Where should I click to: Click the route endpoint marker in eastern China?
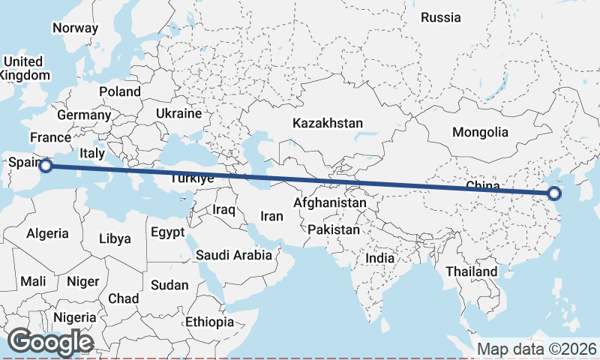coord(554,193)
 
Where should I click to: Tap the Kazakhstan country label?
coord(328,123)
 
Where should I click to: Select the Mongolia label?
coord(480,132)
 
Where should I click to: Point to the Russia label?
coord(440,17)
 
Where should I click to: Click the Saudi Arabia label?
coord(234,255)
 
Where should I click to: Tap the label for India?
coord(379,258)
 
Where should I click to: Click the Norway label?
coord(75,28)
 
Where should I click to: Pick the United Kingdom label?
coord(24,68)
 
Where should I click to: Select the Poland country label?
coord(119,91)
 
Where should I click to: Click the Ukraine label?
coord(178,113)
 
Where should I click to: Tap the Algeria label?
coord(47,233)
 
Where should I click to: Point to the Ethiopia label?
coord(210,322)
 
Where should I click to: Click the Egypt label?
coord(167,232)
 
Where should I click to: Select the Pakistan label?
coord(333,229)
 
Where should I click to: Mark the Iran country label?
coord(271,216)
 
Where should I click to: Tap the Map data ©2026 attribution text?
coord(536,349)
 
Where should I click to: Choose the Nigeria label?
coord(75,317)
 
